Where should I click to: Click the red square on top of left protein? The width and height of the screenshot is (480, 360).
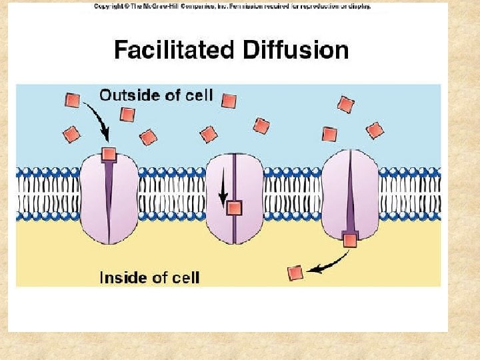point(109,155)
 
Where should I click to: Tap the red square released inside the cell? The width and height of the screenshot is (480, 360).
point(295,273)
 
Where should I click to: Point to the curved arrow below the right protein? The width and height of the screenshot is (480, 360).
point(327,267)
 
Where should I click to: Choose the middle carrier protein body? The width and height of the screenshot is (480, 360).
point(247,180)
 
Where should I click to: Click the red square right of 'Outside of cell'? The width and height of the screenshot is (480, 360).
point(229,101)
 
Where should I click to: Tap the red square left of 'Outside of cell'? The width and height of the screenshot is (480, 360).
point(73,101)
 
